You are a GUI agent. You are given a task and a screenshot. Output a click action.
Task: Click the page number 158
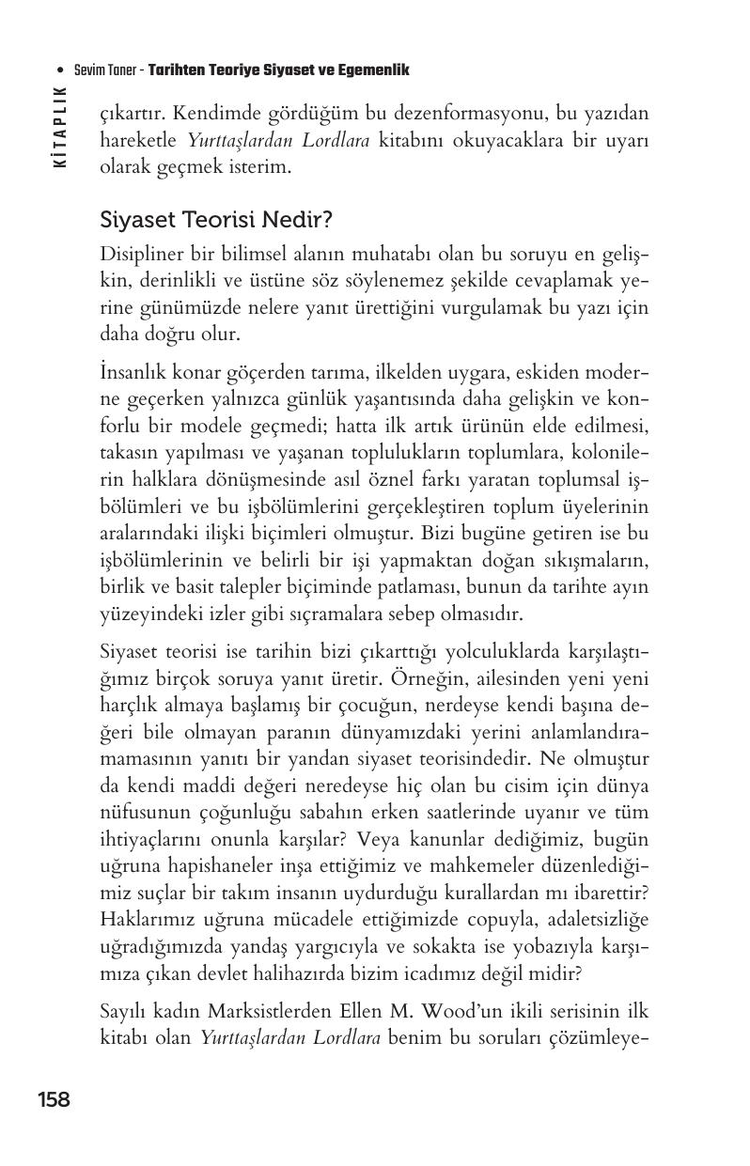click(x=54, y=1099)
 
